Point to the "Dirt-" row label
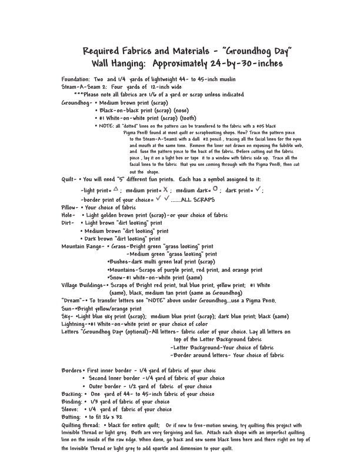68,223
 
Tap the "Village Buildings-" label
85,285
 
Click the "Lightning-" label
74,324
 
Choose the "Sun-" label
68,308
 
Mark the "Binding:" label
72,401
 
